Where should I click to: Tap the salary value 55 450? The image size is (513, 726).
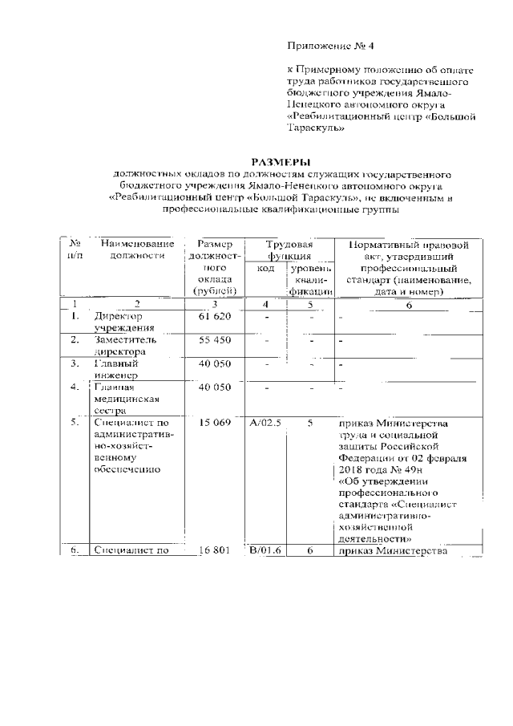[214, 341]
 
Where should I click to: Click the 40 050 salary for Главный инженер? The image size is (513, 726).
[214, 364]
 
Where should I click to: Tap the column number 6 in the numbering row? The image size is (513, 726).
[408, 306]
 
